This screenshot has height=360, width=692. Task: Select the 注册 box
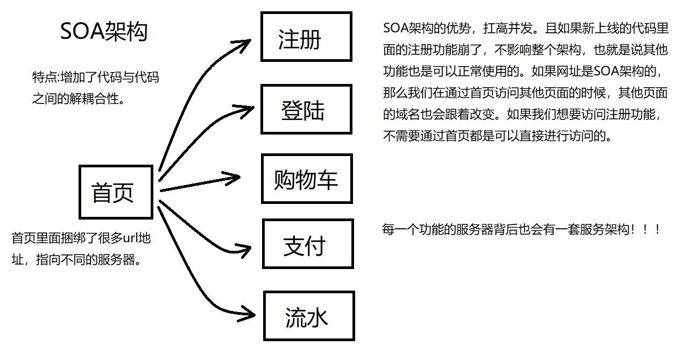click(x=306, y=37)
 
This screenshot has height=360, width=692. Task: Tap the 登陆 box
click(x=306, y=109)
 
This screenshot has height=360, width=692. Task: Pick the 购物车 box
click(x=306, y=179)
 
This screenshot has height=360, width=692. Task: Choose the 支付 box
click(x=307, y=244)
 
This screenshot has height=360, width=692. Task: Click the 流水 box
click(x=308, y=316)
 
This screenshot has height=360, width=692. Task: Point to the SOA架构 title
click(x=104, y=32)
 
